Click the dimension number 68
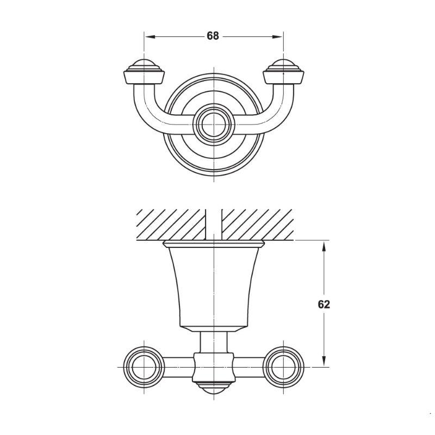213,36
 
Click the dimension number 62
324,304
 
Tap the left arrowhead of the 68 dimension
150,36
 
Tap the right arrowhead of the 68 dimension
277,36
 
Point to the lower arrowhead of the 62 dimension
324,361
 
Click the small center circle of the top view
214,125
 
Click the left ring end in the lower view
144,367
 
